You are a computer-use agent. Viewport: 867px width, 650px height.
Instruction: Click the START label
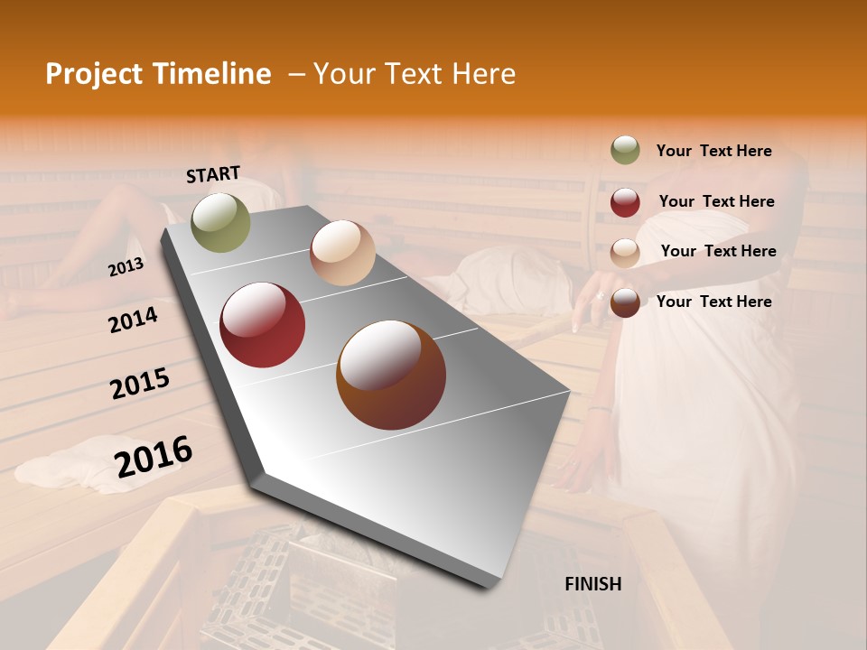coord(213,174)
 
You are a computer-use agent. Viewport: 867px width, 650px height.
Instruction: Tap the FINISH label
coord(592,584)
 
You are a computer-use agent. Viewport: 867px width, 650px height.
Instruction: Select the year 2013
coord(126,266)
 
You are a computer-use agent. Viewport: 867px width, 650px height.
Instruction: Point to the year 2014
coord(134,320)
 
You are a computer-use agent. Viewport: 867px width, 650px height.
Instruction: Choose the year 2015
coord(140,383)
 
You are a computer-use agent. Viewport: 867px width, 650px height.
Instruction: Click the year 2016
coord(154,456)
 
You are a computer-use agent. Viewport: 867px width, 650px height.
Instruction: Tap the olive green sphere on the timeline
coord(221,223)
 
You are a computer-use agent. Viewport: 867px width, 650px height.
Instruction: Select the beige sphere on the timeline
coord(342,253)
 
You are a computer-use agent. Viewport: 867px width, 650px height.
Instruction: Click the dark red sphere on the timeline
coord(263,325)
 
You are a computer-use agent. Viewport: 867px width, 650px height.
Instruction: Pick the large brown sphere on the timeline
coord(391,375)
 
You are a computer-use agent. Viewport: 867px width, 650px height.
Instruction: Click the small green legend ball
coord(625,150)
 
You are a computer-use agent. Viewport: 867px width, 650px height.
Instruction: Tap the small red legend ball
coord(625,202)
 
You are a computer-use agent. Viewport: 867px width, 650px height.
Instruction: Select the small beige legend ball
coord(625,253)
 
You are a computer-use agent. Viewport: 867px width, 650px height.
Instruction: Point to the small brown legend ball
coord(625,302)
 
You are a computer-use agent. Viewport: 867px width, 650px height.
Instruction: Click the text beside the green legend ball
coord(713,151)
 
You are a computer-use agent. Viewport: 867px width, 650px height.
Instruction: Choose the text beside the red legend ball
coord(716,201)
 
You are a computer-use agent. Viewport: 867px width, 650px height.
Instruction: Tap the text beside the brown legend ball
coord(713,302)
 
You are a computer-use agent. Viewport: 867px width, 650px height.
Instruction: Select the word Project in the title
coord(93,74)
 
